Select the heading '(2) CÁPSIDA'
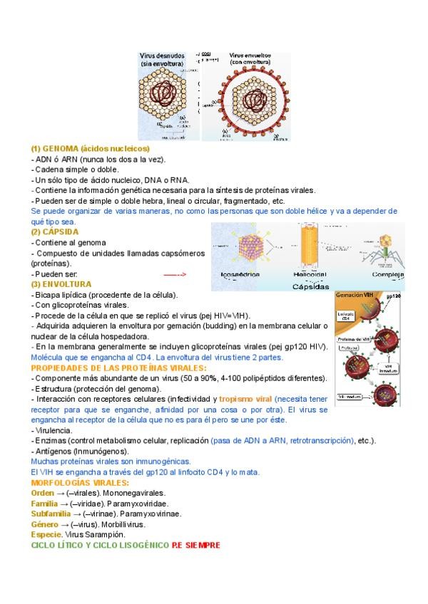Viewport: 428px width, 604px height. (x=55, y=232)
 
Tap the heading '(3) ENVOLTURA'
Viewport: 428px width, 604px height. (x=61, y=284)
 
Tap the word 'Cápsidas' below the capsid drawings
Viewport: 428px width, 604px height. (x=310, y=286)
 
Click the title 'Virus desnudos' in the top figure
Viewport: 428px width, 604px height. (x=162, y=55)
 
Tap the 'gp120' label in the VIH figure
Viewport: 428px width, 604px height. (x=393, y=296)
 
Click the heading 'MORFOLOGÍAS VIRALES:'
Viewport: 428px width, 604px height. (x=76, y=483)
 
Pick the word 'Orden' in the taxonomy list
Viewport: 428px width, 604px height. (x=43, y=493)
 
